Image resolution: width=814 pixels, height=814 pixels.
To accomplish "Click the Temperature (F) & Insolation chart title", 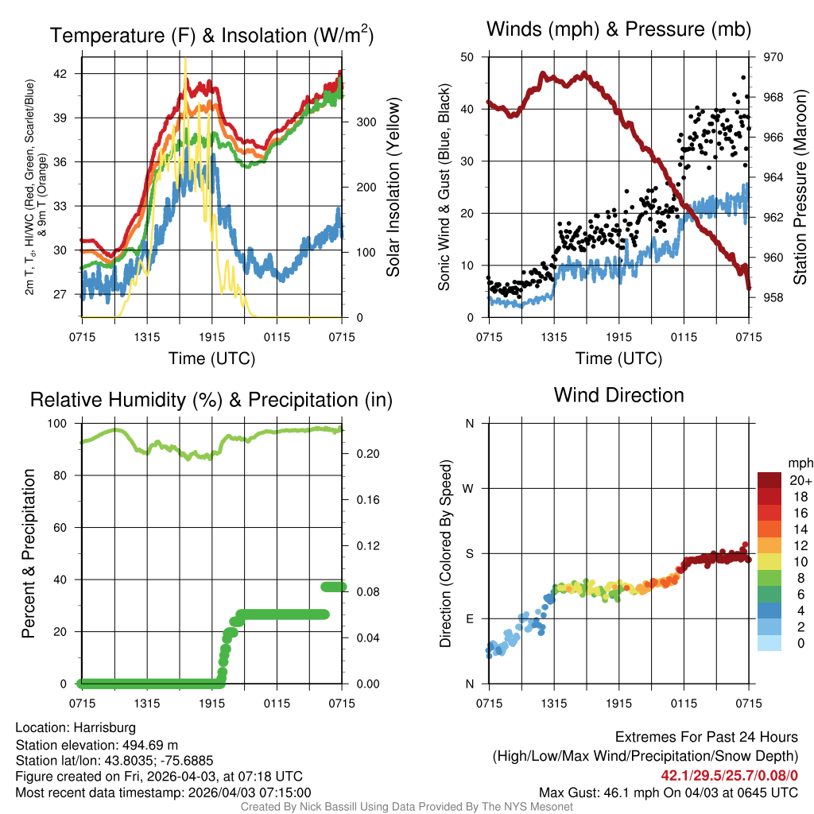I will point(211,35).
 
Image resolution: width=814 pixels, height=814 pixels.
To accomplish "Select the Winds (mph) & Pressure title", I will point(618,29).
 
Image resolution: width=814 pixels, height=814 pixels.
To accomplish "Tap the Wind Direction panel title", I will point(618,394).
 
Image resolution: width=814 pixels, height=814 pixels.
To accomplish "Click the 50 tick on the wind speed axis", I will point(467,57).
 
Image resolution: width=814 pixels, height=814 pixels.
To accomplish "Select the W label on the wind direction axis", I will point(469,488).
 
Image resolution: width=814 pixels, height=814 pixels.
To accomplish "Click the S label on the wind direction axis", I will point(470,553).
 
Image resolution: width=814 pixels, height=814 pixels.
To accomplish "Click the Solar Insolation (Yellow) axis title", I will point(393,187).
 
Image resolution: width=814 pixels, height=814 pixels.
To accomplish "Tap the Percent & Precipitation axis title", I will point(29,553).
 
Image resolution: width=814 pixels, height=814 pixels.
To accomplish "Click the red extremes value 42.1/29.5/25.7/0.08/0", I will point(729,775).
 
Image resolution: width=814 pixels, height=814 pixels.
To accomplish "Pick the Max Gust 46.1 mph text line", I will point(669,792).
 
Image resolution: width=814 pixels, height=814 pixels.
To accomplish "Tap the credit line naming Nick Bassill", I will point(406,807).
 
